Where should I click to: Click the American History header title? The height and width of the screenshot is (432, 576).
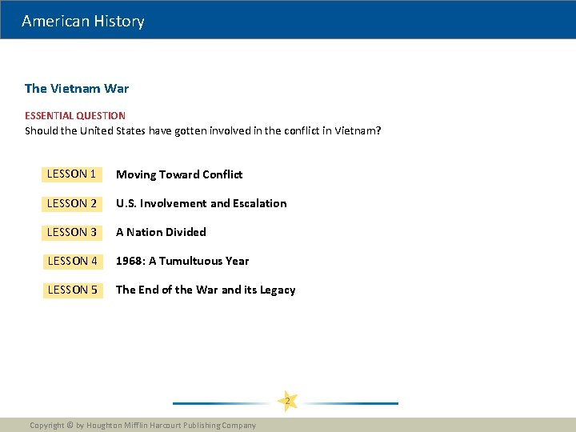[83, 22]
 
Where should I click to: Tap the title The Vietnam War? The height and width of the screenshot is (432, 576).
[77, 88]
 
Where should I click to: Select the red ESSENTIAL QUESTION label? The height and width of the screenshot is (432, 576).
[75, 116]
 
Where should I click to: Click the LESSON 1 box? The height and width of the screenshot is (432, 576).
[72, 174]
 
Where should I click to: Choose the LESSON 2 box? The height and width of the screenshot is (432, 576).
[72, 203]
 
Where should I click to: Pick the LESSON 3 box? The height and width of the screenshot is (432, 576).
[72, 232]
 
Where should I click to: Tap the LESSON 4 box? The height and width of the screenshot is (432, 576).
[72, 261]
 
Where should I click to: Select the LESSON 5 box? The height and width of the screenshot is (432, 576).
[72, 290]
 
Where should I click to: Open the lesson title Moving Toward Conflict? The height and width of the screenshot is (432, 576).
[179, 174]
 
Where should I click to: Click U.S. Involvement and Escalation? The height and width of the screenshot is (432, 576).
[201, 203]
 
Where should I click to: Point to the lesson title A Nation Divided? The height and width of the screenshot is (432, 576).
[161, 232]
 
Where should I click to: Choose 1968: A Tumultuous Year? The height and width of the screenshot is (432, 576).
[182, 261]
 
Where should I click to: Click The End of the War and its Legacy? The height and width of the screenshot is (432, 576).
[206, 290]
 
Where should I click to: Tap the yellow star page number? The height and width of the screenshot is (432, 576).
[287, 400]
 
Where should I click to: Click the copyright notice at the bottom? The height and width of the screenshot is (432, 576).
[142, 426]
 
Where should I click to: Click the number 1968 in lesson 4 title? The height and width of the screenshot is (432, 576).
[130, 261]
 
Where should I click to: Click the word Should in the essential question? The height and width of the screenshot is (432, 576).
[41, 130]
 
